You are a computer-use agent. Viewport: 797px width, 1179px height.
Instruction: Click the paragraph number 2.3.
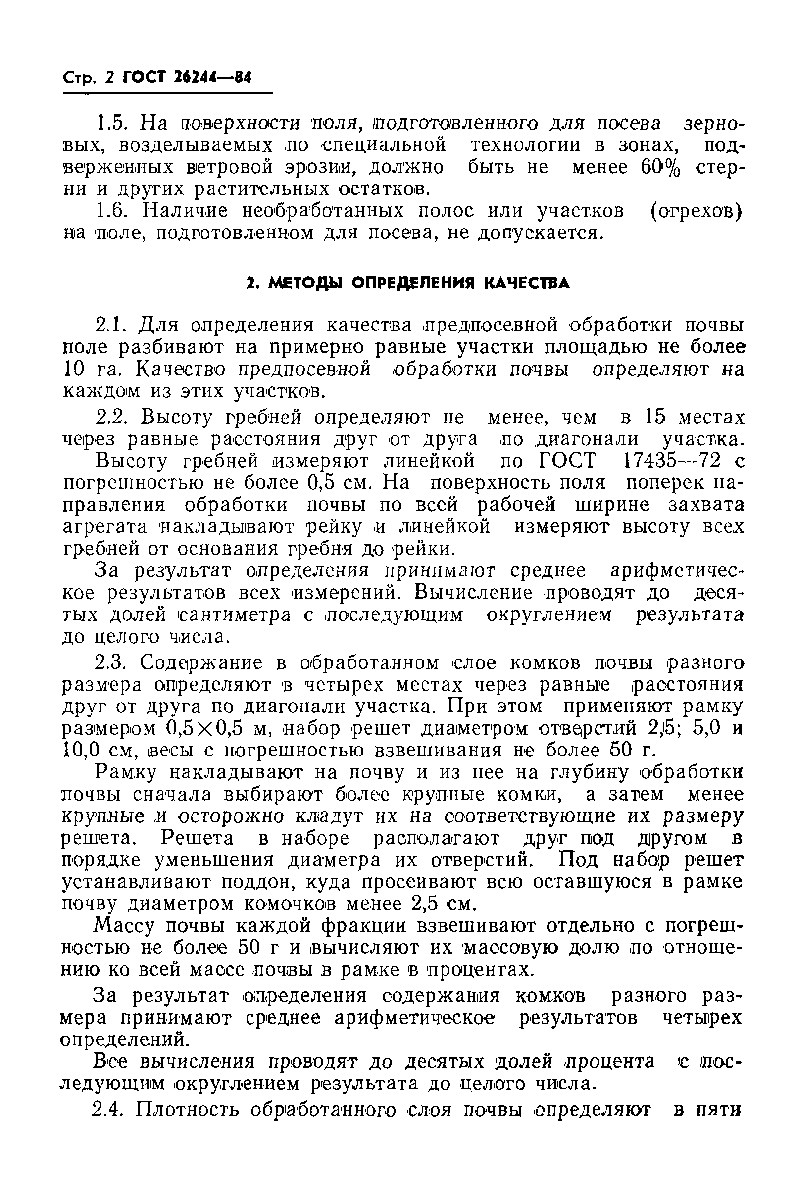[x=114, y=662]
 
